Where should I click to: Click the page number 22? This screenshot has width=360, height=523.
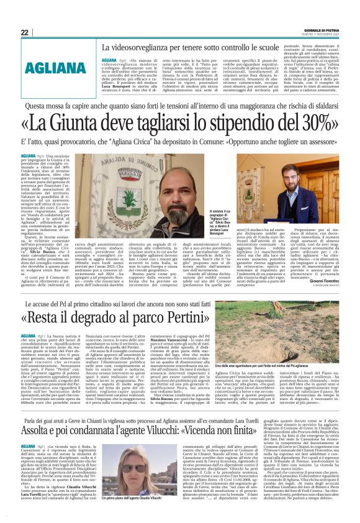(25, 32)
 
